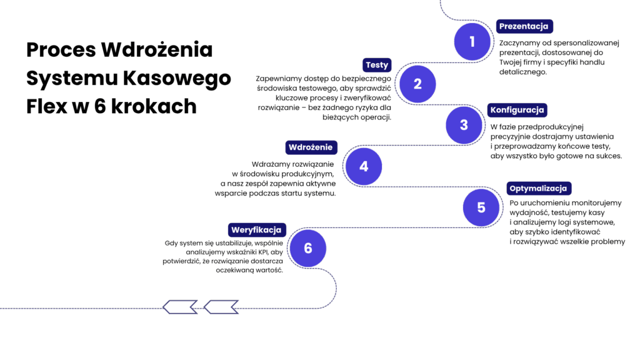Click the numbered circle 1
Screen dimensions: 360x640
click(x=472, y=42)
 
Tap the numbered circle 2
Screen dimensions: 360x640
click(x=417, y=84)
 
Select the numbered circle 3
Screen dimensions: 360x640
click(x=464, y=125)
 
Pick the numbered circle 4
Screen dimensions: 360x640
click(x=364, y=167)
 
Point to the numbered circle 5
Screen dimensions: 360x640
click(x=481, y=207)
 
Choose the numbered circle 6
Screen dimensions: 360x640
click(x=308, y=248)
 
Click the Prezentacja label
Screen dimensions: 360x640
click(x=524, y=26)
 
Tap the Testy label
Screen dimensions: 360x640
click(x=377, y=65)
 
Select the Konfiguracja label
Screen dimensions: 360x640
click(x=517, y=110)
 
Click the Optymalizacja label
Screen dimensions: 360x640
click(x=538, y=188)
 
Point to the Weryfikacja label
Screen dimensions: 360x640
click(x=257, y=229)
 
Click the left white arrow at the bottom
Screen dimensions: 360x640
click(x=180, y=307)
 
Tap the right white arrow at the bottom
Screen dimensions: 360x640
click(x=221, y=307)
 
